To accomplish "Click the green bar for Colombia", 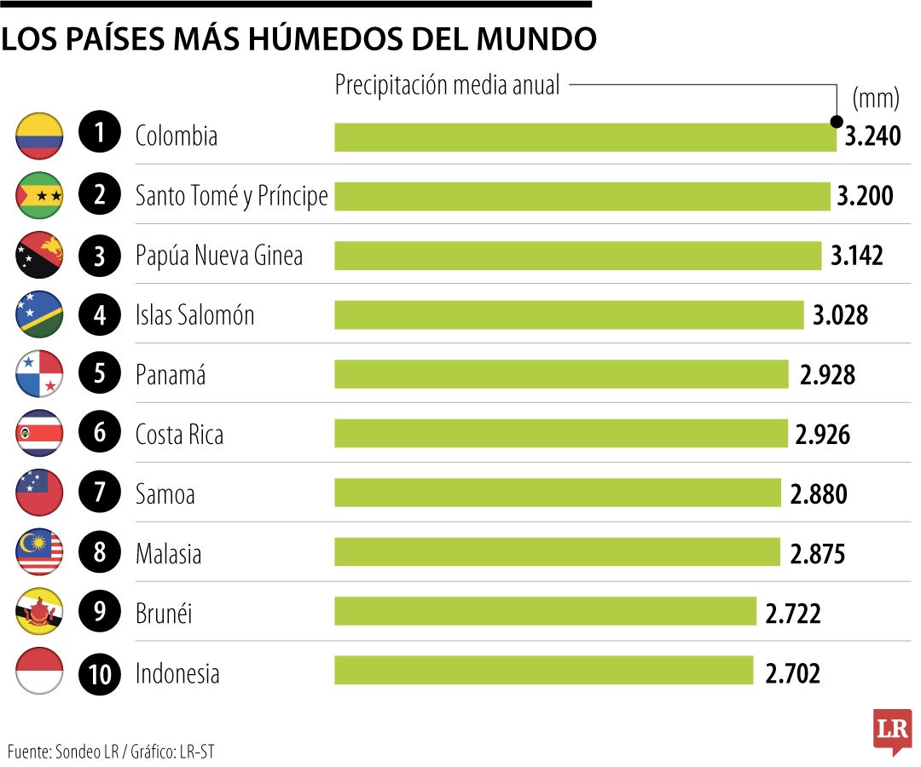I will click(x=585, y=136).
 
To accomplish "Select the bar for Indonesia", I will click(x=543, y=670).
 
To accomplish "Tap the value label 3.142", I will click(x=857, y=256).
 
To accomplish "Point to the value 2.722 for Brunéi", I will click(x=793, y=614).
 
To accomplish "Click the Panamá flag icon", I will click(x=39, y=375).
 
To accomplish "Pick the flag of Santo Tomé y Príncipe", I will click(x=39, y=196).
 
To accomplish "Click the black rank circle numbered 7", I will click(x=101, y=493).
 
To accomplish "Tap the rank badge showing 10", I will click(x=101, y=674).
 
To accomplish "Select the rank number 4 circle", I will click(x=101, y=315).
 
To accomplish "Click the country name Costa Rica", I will click(x=179, y=435).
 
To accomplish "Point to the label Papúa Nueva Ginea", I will click(x=219, y=256).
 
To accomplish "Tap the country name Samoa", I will click(x=165, y=493).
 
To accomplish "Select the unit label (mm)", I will click(x=876, y=99).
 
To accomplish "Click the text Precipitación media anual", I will click(x=448, y=85).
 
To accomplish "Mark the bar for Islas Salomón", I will click(x=569, y=315).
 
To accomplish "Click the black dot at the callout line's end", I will click(x=837, y=121).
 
